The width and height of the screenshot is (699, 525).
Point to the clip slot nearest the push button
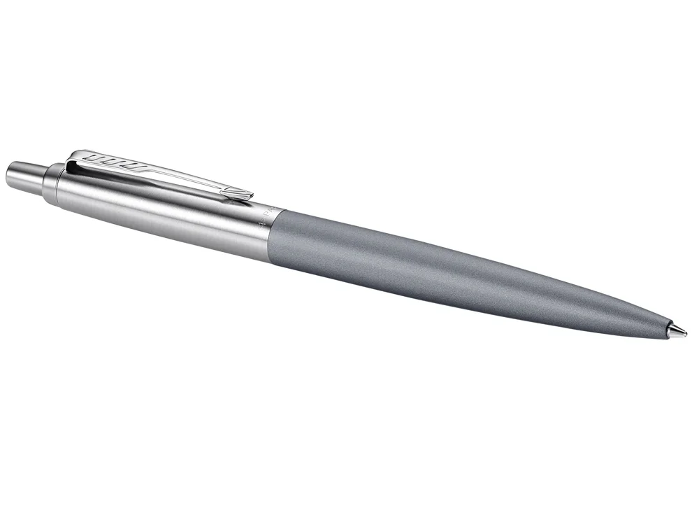[94, 158]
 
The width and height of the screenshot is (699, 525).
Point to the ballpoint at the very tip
[684, 331]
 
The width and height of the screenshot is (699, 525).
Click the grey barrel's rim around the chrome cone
[666, 327]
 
